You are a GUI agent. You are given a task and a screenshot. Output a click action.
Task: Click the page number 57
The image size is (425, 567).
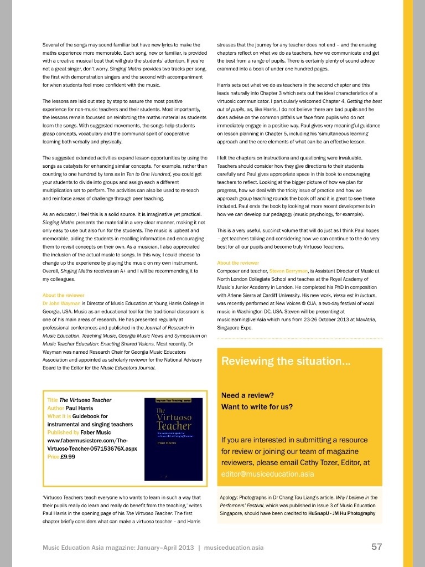click(376, 547)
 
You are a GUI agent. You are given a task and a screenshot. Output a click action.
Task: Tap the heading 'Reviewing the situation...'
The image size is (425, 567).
click(285, 362)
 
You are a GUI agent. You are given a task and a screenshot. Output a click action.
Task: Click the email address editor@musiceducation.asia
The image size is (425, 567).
click(267, 474)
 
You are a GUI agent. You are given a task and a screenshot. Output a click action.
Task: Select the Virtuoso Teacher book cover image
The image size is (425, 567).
click(174, 437)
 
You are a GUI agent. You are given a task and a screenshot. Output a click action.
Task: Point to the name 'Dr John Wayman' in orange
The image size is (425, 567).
click(61, 304)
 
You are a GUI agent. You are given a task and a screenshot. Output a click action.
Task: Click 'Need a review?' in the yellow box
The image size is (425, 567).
click(247, 396)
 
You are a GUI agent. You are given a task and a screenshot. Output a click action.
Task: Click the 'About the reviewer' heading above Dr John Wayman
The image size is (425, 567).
click(64, 295)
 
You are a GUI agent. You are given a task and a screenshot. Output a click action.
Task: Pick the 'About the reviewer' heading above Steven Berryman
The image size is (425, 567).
click(239, 262)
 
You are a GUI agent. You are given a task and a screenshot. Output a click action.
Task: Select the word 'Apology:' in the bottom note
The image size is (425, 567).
click(230, 498)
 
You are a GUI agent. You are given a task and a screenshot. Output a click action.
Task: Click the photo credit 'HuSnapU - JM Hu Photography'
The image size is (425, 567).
click(344, 513)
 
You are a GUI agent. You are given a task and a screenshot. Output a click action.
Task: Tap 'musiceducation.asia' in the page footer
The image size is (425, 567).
click(234, 548)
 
